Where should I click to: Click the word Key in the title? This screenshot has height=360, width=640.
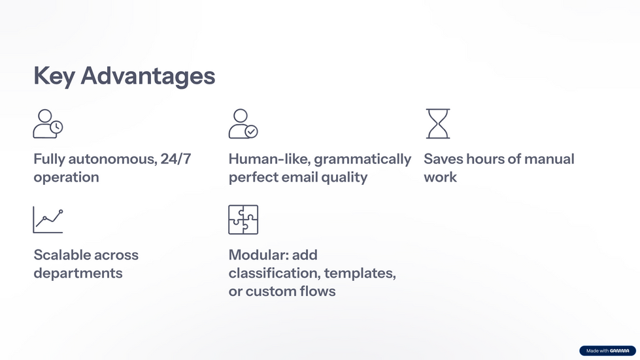click(x=54, y=76)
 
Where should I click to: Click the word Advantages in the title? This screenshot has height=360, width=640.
click(x=148, y=76)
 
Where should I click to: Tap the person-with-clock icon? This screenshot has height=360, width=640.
click(x=48, y=123)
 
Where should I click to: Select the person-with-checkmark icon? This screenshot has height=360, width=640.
click(x=243, y=123)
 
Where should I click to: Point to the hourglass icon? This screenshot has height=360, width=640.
click(x=438, y=123)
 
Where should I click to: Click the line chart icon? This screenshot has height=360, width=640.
click(x=48, y=220)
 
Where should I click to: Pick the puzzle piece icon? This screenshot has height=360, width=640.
click(x=243, y=220)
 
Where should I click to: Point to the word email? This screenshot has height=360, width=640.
click(x=298, y=177)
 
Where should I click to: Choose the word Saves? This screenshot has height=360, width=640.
click(x=443, y=159)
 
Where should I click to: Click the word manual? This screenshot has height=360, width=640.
click(x=550, y=159)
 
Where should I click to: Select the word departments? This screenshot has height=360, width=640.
click(x=78, y=273)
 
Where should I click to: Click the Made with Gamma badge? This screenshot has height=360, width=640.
click(x=607, y=351)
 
